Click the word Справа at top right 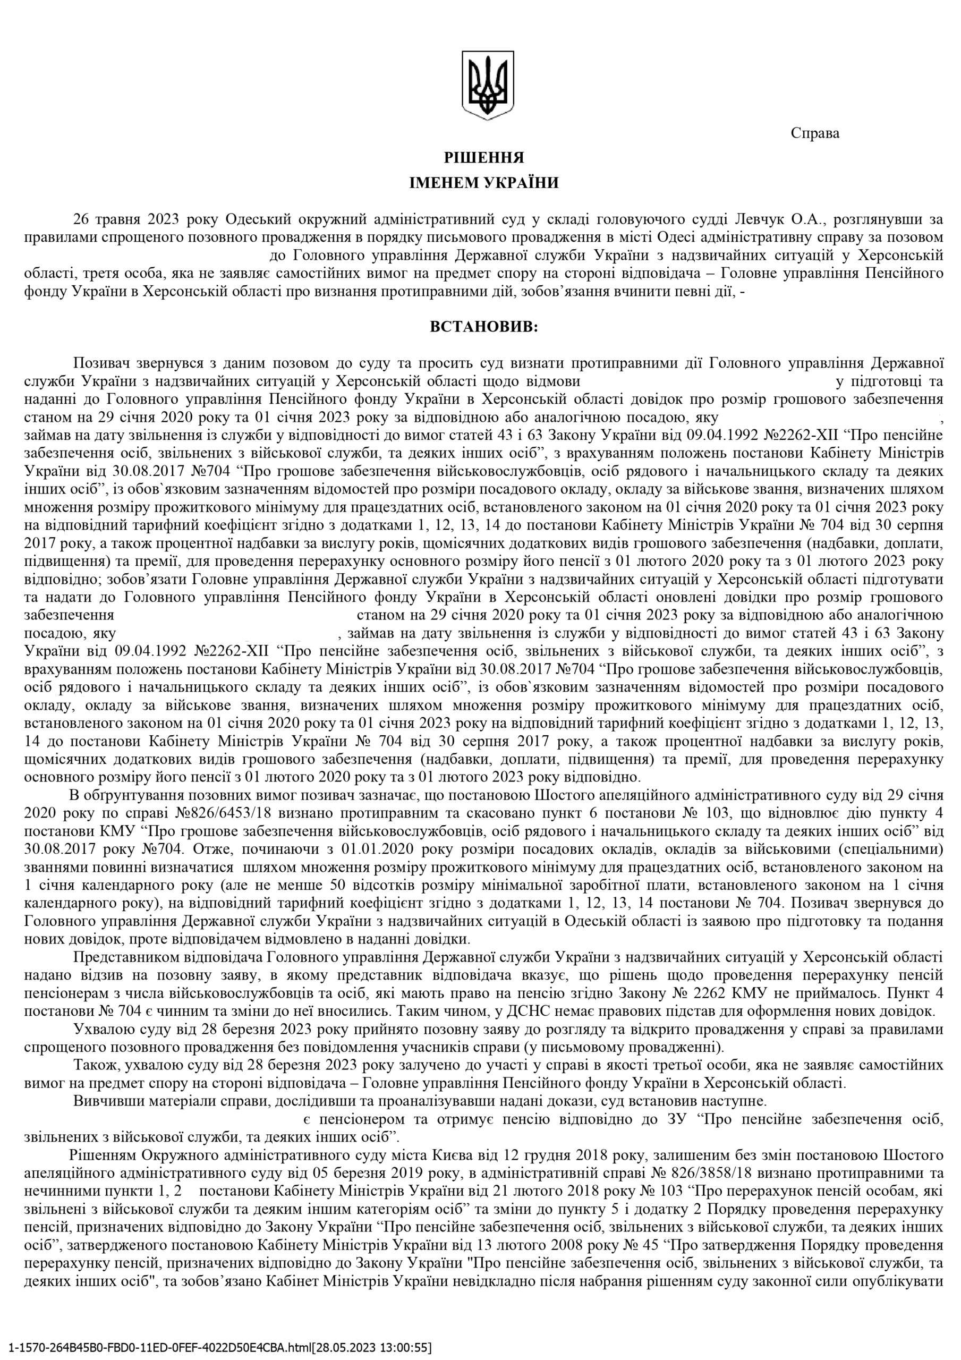815,134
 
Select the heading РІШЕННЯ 484,158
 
